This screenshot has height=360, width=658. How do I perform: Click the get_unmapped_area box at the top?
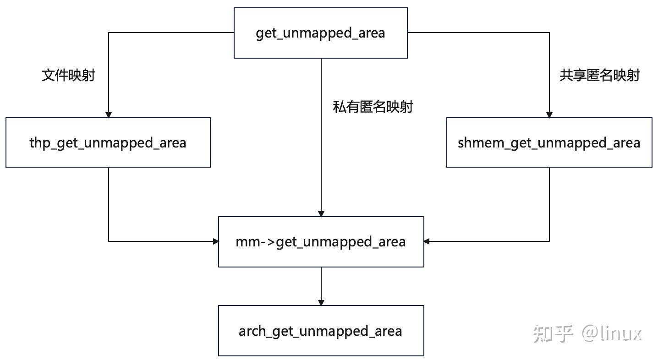coord(320,33)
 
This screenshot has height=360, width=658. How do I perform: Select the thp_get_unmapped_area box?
coord(108,142)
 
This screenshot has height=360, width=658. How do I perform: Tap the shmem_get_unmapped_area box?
coord(549,142)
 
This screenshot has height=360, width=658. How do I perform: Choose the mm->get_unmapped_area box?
coord(321,241)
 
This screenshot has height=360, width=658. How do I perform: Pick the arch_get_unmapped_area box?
coord(321,331)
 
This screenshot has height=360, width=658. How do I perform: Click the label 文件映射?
coord(68,75)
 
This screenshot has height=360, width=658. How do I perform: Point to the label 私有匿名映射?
coord(373,107)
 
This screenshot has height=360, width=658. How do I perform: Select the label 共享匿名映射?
coord(599,75)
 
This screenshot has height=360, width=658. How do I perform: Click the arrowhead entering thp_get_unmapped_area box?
coord(109,115)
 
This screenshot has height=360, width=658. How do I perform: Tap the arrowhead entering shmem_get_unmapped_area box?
coord(549,115)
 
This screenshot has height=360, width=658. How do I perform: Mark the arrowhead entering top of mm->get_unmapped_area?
coord(321,213)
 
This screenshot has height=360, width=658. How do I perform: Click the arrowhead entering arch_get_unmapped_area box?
coord(321,302)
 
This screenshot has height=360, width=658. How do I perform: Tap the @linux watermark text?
coord(612,333)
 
